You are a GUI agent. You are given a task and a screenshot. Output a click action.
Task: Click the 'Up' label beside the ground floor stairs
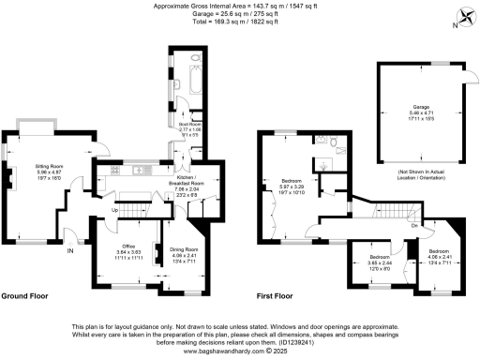tap(115, 210)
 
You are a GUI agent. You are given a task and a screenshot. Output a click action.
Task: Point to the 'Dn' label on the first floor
tap(414, 226)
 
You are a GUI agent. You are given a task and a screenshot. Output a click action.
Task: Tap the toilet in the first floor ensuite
tap(334, 142)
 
